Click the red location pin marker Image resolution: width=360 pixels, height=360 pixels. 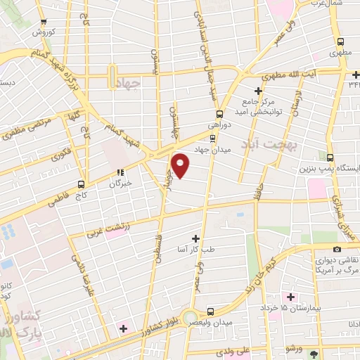tap(181, 166)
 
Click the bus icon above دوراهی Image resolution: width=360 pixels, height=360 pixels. tap(219, 113)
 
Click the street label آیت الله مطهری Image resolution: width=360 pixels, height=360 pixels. tap(309, 72)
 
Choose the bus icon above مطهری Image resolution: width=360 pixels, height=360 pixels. tap(340, 42)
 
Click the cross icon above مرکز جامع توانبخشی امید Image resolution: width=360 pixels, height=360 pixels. tap(258, 91)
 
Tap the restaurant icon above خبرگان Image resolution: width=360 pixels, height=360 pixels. tap(120, 171)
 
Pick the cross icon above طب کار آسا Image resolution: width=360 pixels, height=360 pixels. tap(196, 239)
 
